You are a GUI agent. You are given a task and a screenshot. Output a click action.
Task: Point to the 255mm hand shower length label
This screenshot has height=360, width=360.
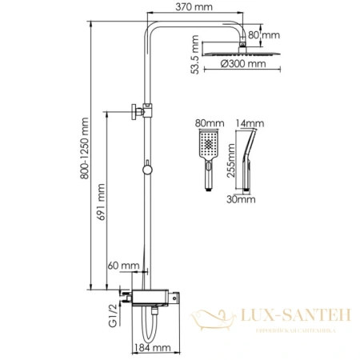coord(231,160)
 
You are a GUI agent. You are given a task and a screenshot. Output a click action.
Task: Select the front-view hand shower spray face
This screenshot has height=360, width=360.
coord(209,146)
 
